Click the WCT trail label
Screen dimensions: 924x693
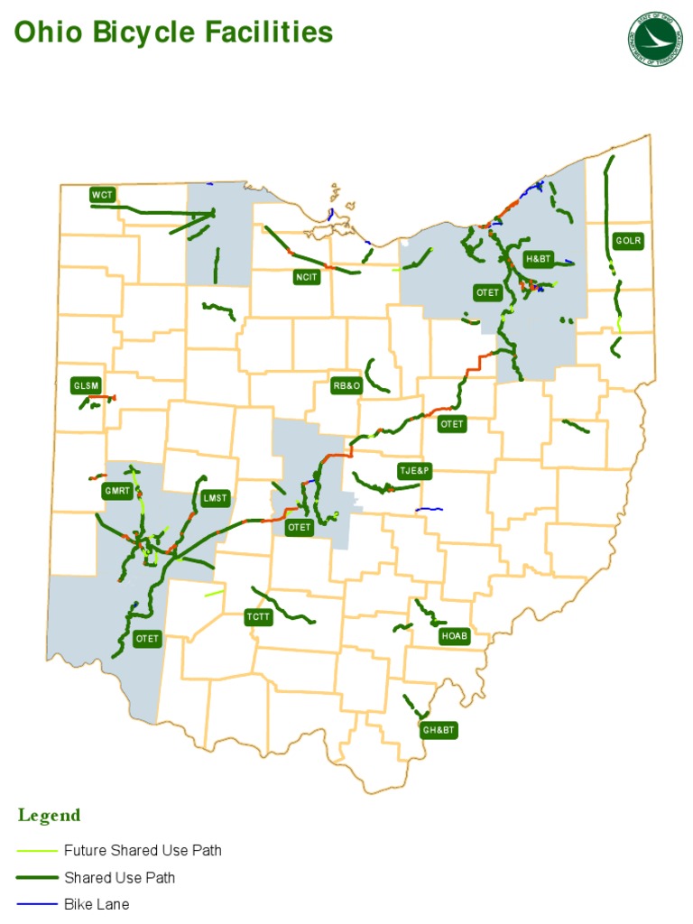tap(102, 195)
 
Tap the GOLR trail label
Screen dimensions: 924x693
tap(628, 241)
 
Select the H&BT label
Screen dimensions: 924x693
tap(538, 260)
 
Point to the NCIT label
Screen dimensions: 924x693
tap(307, 277)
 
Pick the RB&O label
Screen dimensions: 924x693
tap(346, 386)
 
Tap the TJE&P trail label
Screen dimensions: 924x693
tap(416, 471)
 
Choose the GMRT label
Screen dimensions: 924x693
tap(117, 492)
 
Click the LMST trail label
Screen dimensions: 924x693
tap(216, 498)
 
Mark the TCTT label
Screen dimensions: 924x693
tap(258, 618)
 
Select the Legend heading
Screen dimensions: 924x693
tap(49, 816)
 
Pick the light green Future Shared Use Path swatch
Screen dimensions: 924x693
tap(35, 851)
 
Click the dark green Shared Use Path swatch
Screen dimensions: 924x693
tap(35, 878)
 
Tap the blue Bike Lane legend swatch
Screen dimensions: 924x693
tap(35, 904)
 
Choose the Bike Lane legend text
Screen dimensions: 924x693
tap(97, 904)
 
